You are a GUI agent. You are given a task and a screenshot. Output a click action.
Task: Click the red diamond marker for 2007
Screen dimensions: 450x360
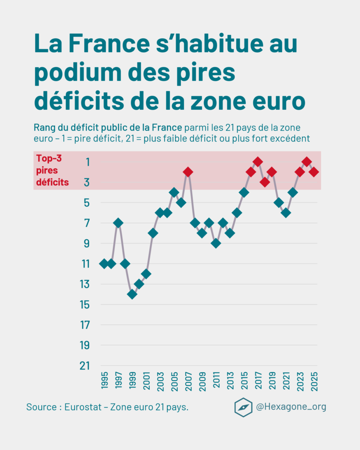pos(188,172)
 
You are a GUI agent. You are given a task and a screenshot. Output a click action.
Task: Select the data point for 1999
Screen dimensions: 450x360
pos(132,294)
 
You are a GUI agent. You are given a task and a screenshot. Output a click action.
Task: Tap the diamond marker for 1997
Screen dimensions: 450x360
pos(118,223)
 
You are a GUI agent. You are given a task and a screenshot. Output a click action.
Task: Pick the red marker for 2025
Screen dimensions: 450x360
pos(314,172)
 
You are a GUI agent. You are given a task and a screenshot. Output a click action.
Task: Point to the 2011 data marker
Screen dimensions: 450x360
pos(216,243)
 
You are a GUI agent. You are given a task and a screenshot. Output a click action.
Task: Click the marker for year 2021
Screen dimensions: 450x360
pos(286,213)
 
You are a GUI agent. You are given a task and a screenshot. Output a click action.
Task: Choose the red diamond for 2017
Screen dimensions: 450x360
pos(258,162)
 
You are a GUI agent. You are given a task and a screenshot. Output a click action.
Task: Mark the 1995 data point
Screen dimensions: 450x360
pos(104,264)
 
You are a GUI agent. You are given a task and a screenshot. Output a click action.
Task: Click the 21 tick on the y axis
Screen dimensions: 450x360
pos(85,366)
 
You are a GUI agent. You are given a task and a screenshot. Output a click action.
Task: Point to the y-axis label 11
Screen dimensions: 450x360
pos(85,264)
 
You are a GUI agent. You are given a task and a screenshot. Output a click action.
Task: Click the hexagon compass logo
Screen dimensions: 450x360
pos(243,407)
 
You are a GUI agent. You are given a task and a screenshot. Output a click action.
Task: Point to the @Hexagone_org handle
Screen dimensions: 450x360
pos(291,407)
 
